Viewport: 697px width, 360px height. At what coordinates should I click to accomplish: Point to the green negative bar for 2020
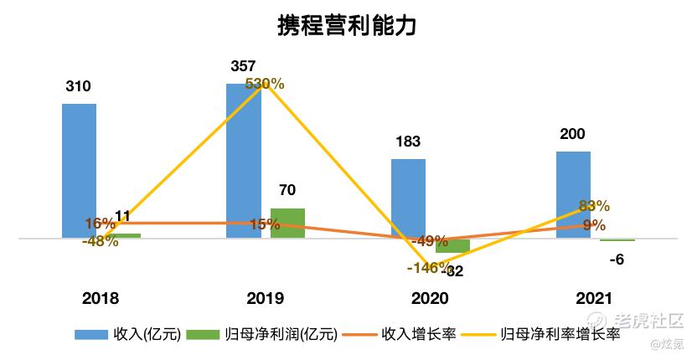[x=452, y=245]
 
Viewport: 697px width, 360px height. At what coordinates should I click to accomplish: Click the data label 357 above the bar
[x=243, y=66]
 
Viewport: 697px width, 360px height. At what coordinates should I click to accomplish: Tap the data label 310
[x=78, y=86]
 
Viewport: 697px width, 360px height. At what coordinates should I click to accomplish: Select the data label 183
[x=408, y=141]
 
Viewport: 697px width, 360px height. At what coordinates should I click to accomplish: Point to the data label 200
[x=573, y=134]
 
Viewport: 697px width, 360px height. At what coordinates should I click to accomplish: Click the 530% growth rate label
[x=265, y=84]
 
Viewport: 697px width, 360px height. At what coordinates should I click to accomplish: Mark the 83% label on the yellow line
[x=594, y=206]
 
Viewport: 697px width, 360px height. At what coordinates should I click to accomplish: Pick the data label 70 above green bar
[x=287, y=190]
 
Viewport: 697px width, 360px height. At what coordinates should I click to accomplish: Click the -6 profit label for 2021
[x=617, y=260]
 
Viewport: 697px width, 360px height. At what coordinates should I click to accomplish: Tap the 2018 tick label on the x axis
[x=101, y=299]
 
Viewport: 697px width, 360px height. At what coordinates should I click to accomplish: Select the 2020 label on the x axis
[x=430, y=299]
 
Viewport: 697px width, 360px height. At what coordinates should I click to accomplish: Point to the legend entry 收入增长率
[x=418, y=335]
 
